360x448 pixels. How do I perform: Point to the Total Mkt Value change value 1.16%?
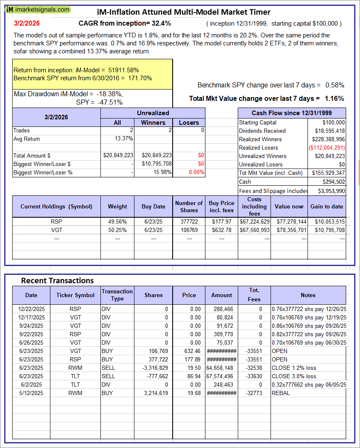334,98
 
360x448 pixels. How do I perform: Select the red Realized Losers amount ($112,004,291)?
326,148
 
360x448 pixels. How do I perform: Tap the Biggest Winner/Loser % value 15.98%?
161,172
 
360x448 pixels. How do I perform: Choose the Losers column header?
189,123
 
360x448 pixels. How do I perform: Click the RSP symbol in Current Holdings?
56,221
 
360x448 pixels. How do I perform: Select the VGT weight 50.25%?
117,230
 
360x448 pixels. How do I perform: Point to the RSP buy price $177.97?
222,221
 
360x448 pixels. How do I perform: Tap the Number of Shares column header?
189,206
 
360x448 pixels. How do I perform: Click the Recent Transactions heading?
57,280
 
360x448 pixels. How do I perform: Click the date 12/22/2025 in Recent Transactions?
31,309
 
